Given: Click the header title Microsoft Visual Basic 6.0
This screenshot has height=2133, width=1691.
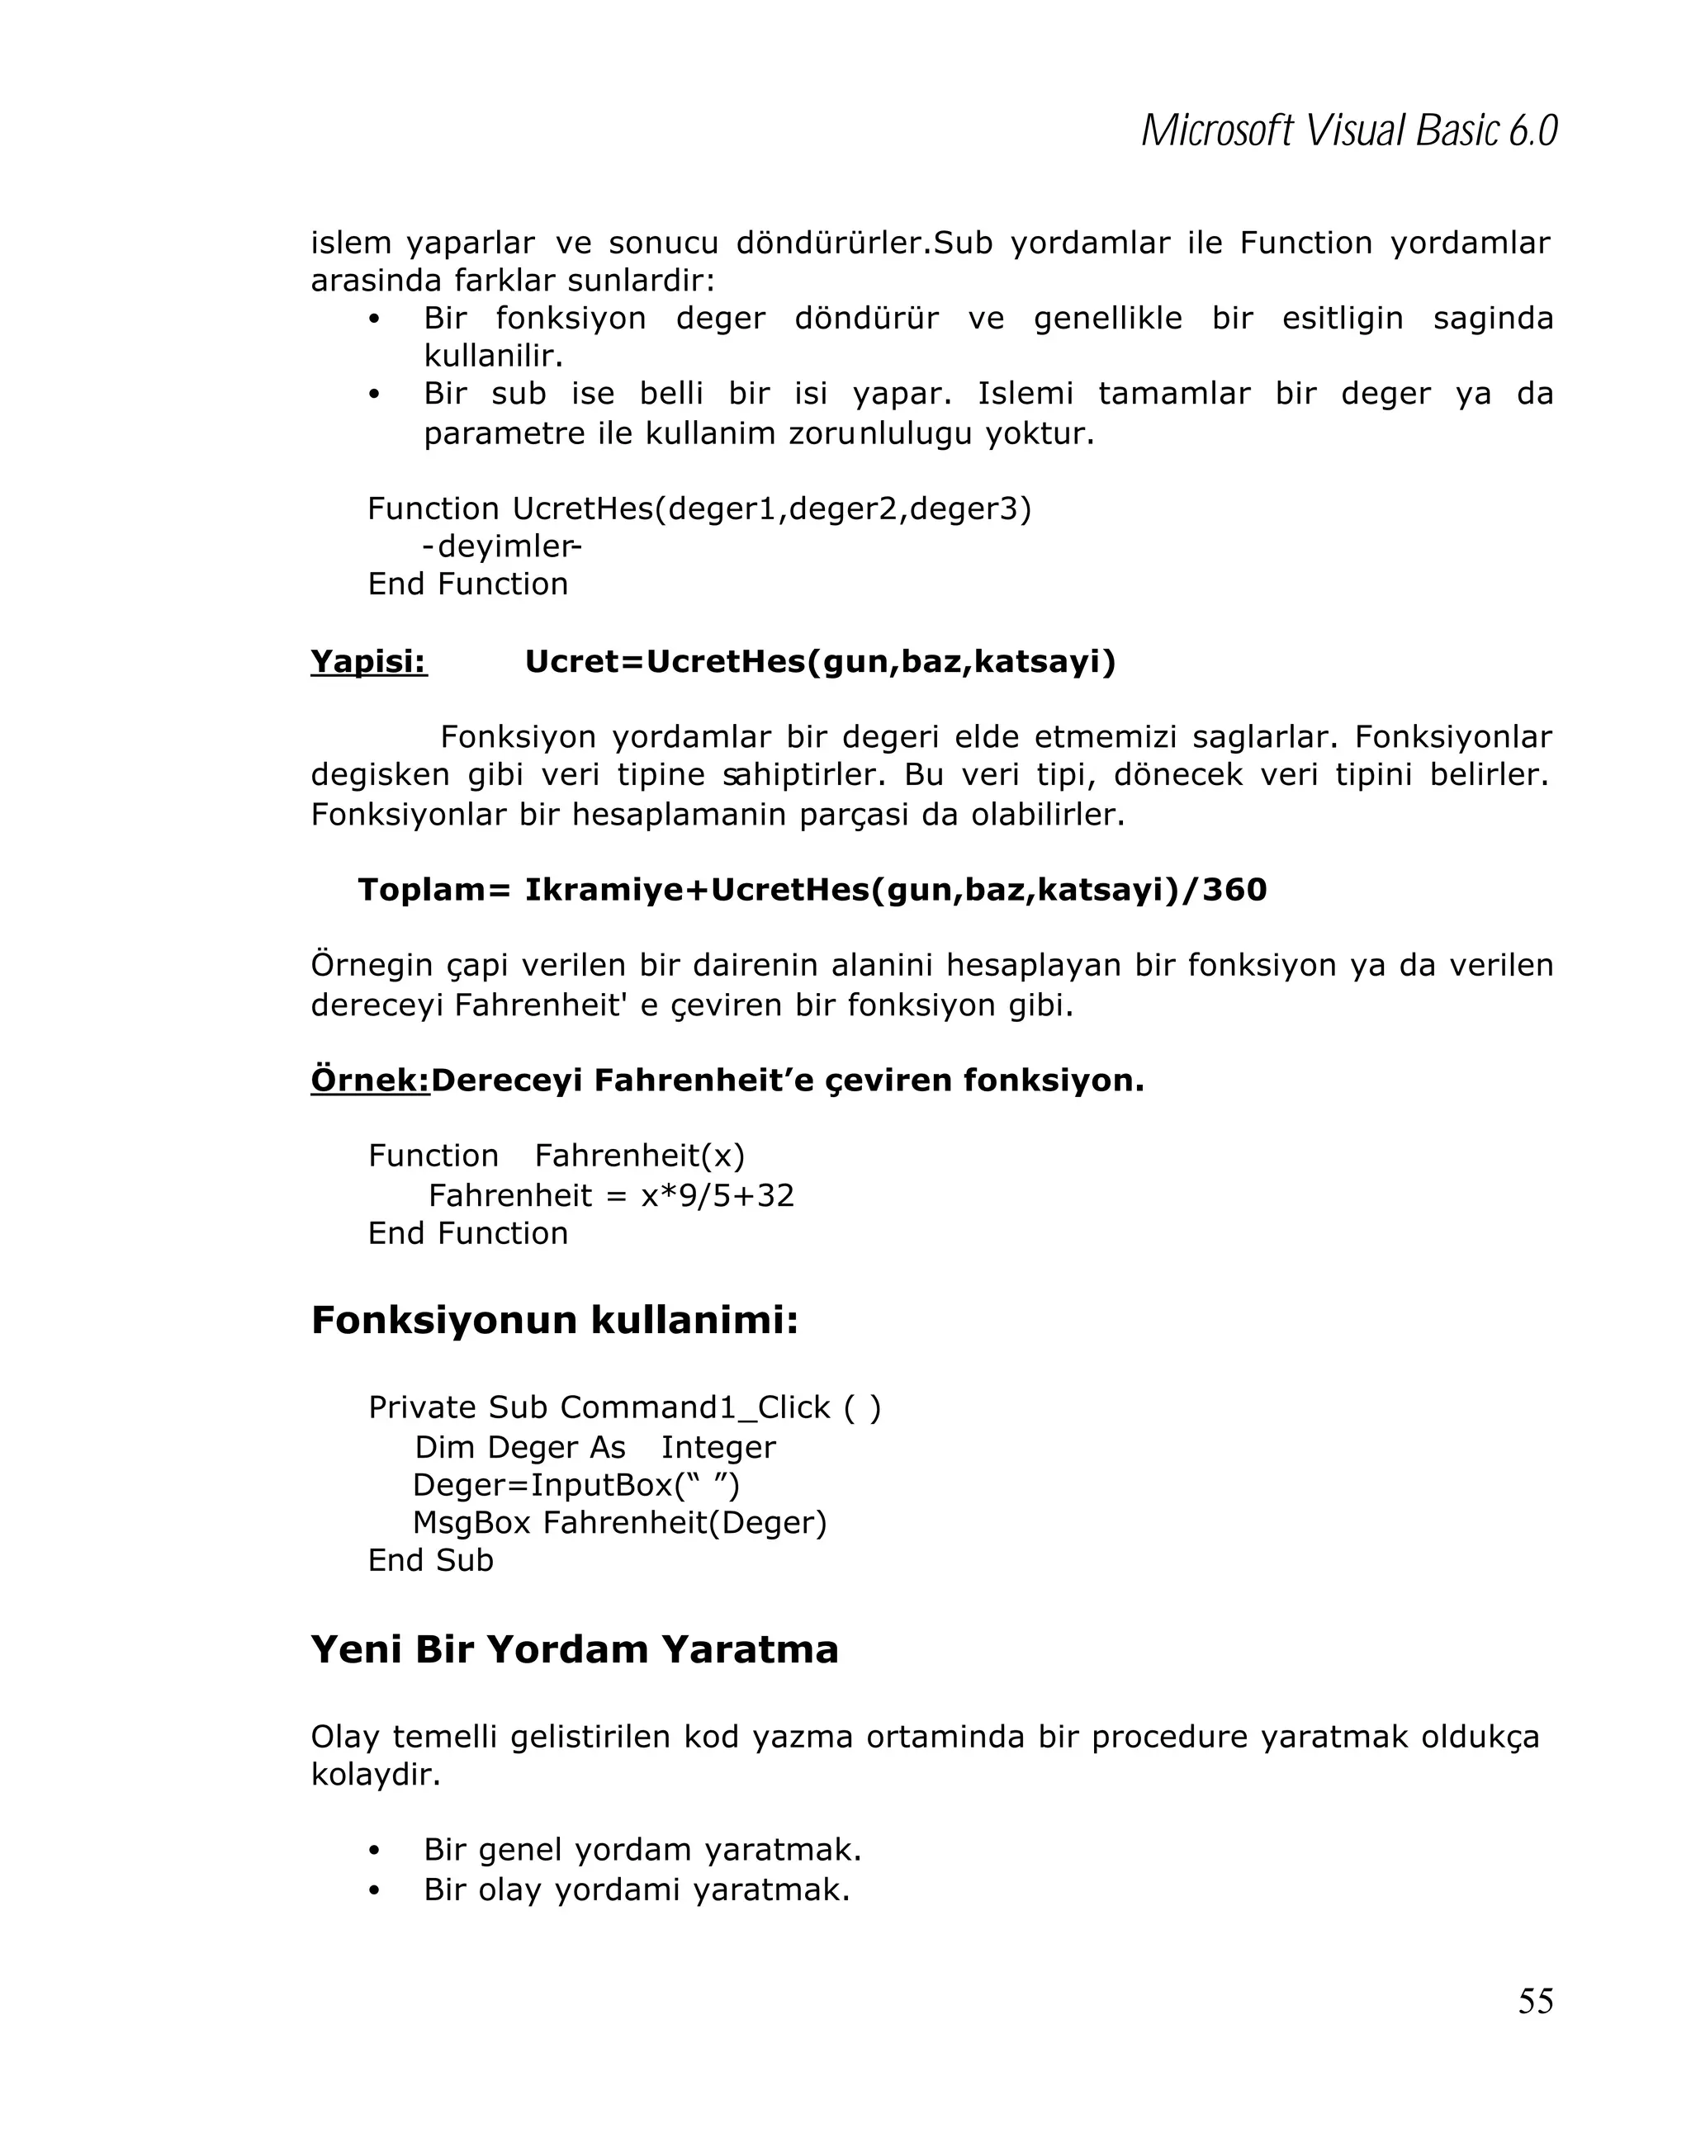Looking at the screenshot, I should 1348,130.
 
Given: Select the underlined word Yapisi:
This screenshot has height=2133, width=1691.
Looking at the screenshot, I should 368,661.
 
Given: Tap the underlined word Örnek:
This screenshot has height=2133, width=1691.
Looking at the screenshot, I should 370,1080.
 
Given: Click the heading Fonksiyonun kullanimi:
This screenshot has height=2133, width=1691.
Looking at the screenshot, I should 554,1320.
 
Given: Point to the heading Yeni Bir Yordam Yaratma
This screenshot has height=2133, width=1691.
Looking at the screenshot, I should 574,1649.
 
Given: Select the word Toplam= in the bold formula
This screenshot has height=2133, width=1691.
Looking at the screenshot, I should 433,889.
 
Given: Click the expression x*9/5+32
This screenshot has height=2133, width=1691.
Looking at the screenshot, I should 718,1196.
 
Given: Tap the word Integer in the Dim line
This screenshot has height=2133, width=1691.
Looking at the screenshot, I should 718,1447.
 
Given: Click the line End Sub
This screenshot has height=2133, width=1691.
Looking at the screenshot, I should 430,1560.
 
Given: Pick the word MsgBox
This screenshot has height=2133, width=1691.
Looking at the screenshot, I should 471,1523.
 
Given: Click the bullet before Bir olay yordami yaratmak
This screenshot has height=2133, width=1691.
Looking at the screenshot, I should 374,1890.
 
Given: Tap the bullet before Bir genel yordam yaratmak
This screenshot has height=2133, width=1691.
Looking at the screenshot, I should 374,1850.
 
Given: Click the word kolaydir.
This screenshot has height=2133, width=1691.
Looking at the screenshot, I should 375,1775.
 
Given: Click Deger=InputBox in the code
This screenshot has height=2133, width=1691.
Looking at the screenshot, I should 542,1485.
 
